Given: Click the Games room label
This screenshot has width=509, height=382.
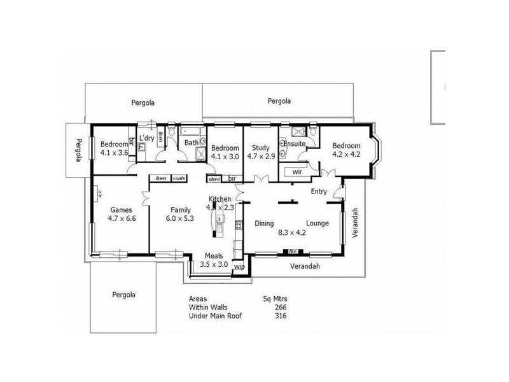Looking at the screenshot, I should click(121, 209).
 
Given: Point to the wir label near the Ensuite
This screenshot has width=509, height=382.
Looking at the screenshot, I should click(296, 172).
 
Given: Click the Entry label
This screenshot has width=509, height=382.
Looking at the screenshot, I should click(319, 191).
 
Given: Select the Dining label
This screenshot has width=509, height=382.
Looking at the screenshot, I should click(264, 223).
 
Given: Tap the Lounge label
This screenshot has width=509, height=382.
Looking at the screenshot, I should click(316, 223).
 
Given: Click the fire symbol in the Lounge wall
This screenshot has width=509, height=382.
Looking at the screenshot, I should click(293, 251).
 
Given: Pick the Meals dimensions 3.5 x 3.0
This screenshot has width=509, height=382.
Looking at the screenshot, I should click(214, 264).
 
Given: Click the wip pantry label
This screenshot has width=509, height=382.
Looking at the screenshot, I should click(239, 267).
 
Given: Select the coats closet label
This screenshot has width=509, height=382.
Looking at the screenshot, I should click(179, 178).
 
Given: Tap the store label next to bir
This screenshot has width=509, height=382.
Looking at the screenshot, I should click(214, 178).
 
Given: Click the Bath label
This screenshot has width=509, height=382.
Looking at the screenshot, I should click(192, 143).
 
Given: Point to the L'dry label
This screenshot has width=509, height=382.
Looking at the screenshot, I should click(146, 138).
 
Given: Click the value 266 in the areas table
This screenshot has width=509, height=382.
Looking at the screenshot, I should click(280, 307).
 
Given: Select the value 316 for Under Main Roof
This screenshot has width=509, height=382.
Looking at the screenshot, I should click(280, 315).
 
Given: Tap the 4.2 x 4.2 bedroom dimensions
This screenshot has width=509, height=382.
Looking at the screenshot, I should click(347, 153).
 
